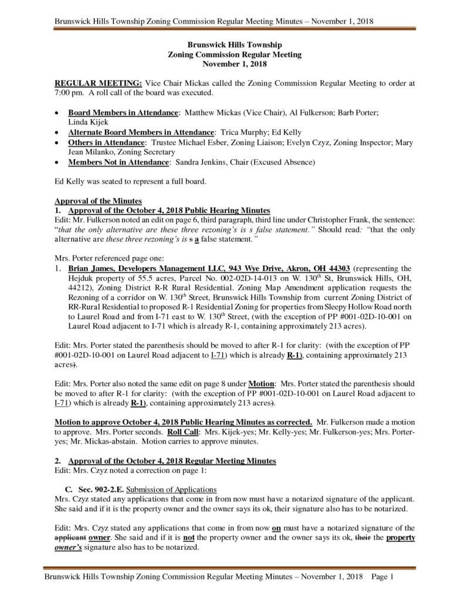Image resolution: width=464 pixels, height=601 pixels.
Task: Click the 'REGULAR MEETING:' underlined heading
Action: (94, 84)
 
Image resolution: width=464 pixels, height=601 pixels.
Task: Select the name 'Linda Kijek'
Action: (87, 121)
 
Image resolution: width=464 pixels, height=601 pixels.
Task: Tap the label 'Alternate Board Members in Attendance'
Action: (141, 134)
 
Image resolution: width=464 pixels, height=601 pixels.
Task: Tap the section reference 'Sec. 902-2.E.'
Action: (96, 489)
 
